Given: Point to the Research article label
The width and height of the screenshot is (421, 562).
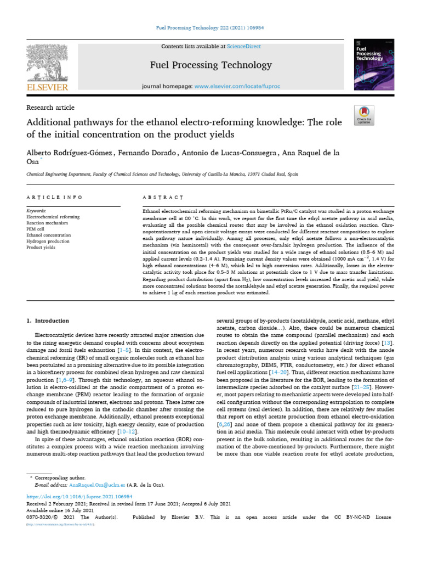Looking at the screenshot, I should coord(50,108).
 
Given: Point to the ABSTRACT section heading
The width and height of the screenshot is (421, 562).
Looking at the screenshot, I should coord(162,198).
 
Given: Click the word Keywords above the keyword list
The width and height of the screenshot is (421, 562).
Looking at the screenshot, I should coord(37,211).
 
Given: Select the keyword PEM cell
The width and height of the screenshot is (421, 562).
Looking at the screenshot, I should coord(37,229).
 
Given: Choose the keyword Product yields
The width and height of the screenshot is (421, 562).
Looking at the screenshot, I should coord(42,248).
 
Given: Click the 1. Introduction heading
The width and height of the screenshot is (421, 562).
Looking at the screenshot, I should coord(48,321).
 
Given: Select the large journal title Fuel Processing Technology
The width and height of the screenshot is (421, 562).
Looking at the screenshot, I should coord(211,65).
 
